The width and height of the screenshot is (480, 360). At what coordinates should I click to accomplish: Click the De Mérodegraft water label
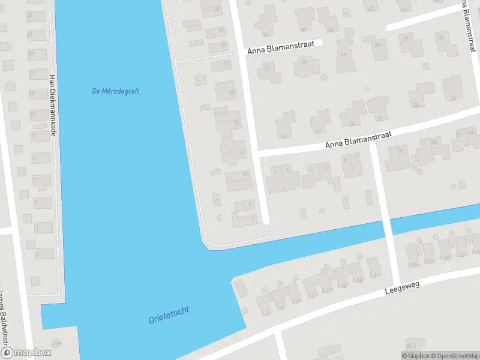116,91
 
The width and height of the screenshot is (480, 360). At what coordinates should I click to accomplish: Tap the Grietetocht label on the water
169,315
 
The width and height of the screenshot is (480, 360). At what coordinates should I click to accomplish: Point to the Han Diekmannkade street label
52,106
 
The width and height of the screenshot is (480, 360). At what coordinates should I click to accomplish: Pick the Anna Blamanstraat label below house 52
358,140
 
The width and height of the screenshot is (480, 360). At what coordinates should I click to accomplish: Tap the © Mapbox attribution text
416,356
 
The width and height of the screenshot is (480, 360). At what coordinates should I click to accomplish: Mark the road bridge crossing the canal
388,226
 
